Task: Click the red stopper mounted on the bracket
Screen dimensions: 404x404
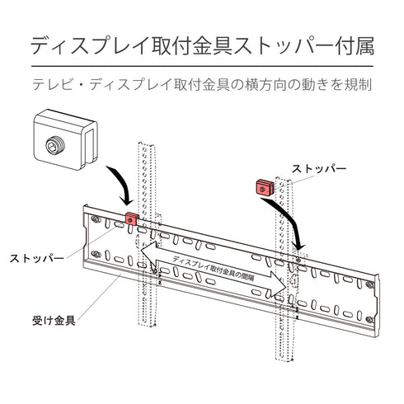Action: [130, 220]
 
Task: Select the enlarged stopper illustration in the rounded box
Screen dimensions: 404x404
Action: [65, 139]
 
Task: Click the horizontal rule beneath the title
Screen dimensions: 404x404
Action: [202, 66]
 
